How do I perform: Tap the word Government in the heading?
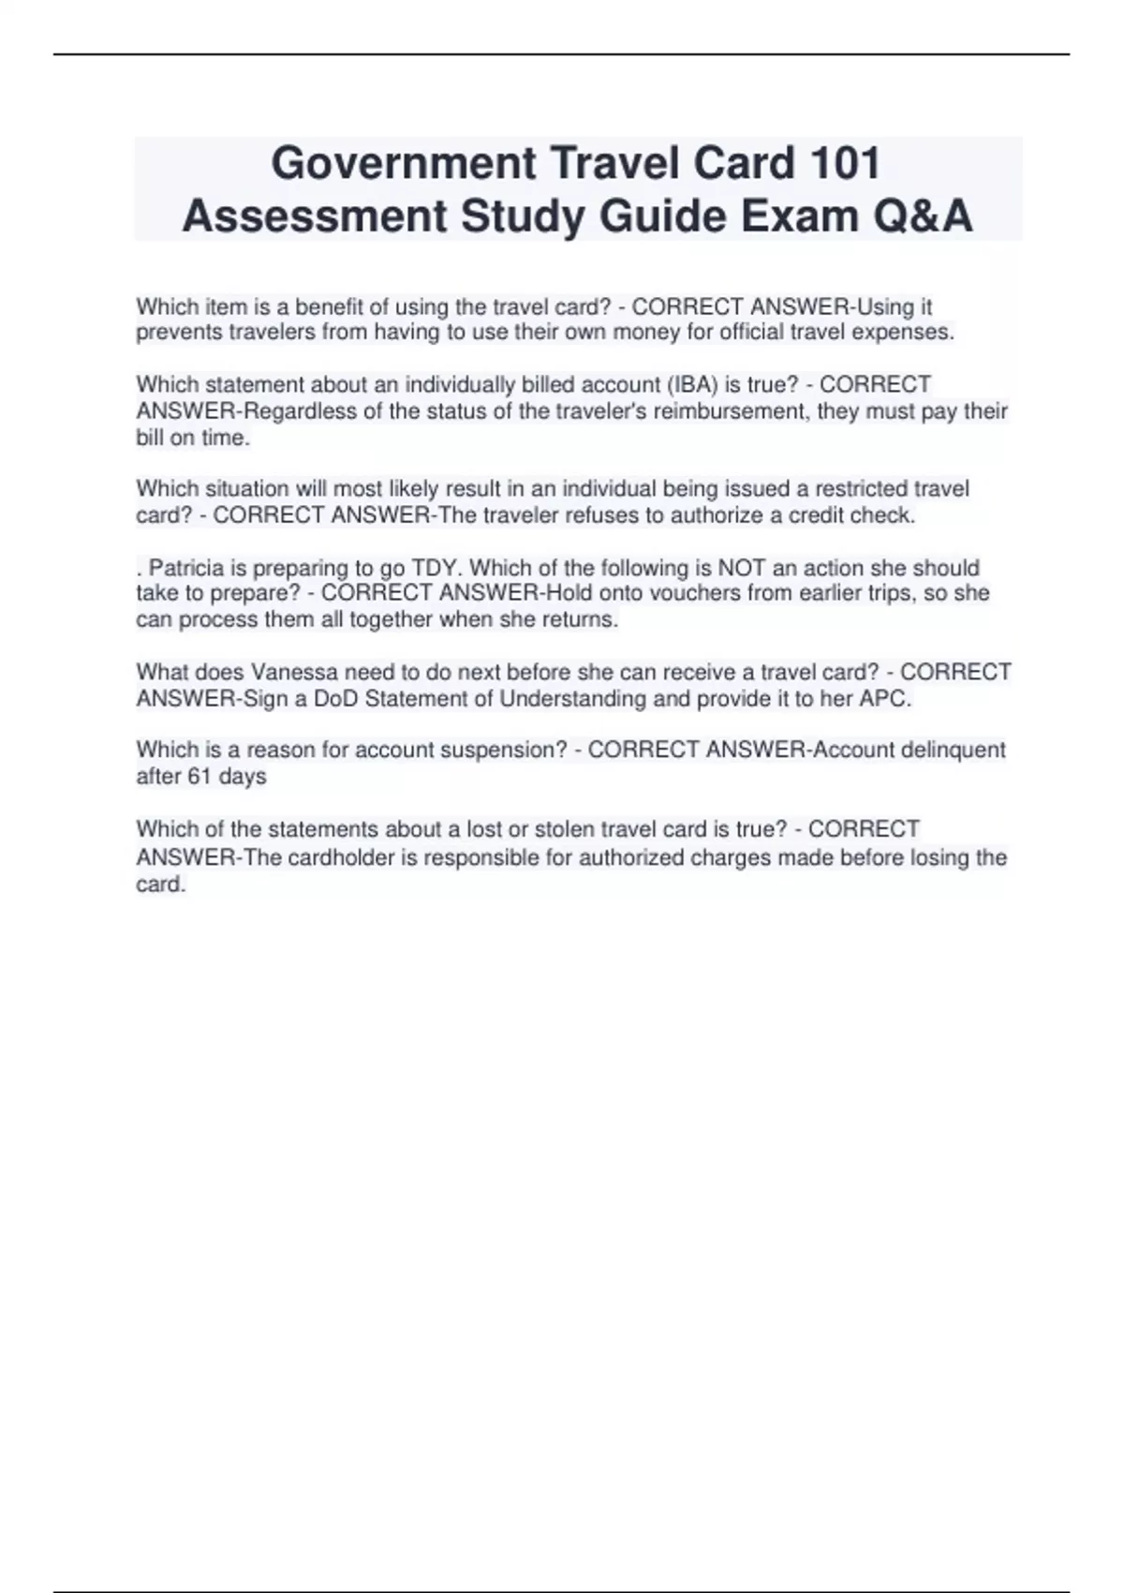[403, 164]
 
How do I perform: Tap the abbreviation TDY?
[434, 568]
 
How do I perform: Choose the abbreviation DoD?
[336, 699]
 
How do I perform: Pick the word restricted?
[861, 489]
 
